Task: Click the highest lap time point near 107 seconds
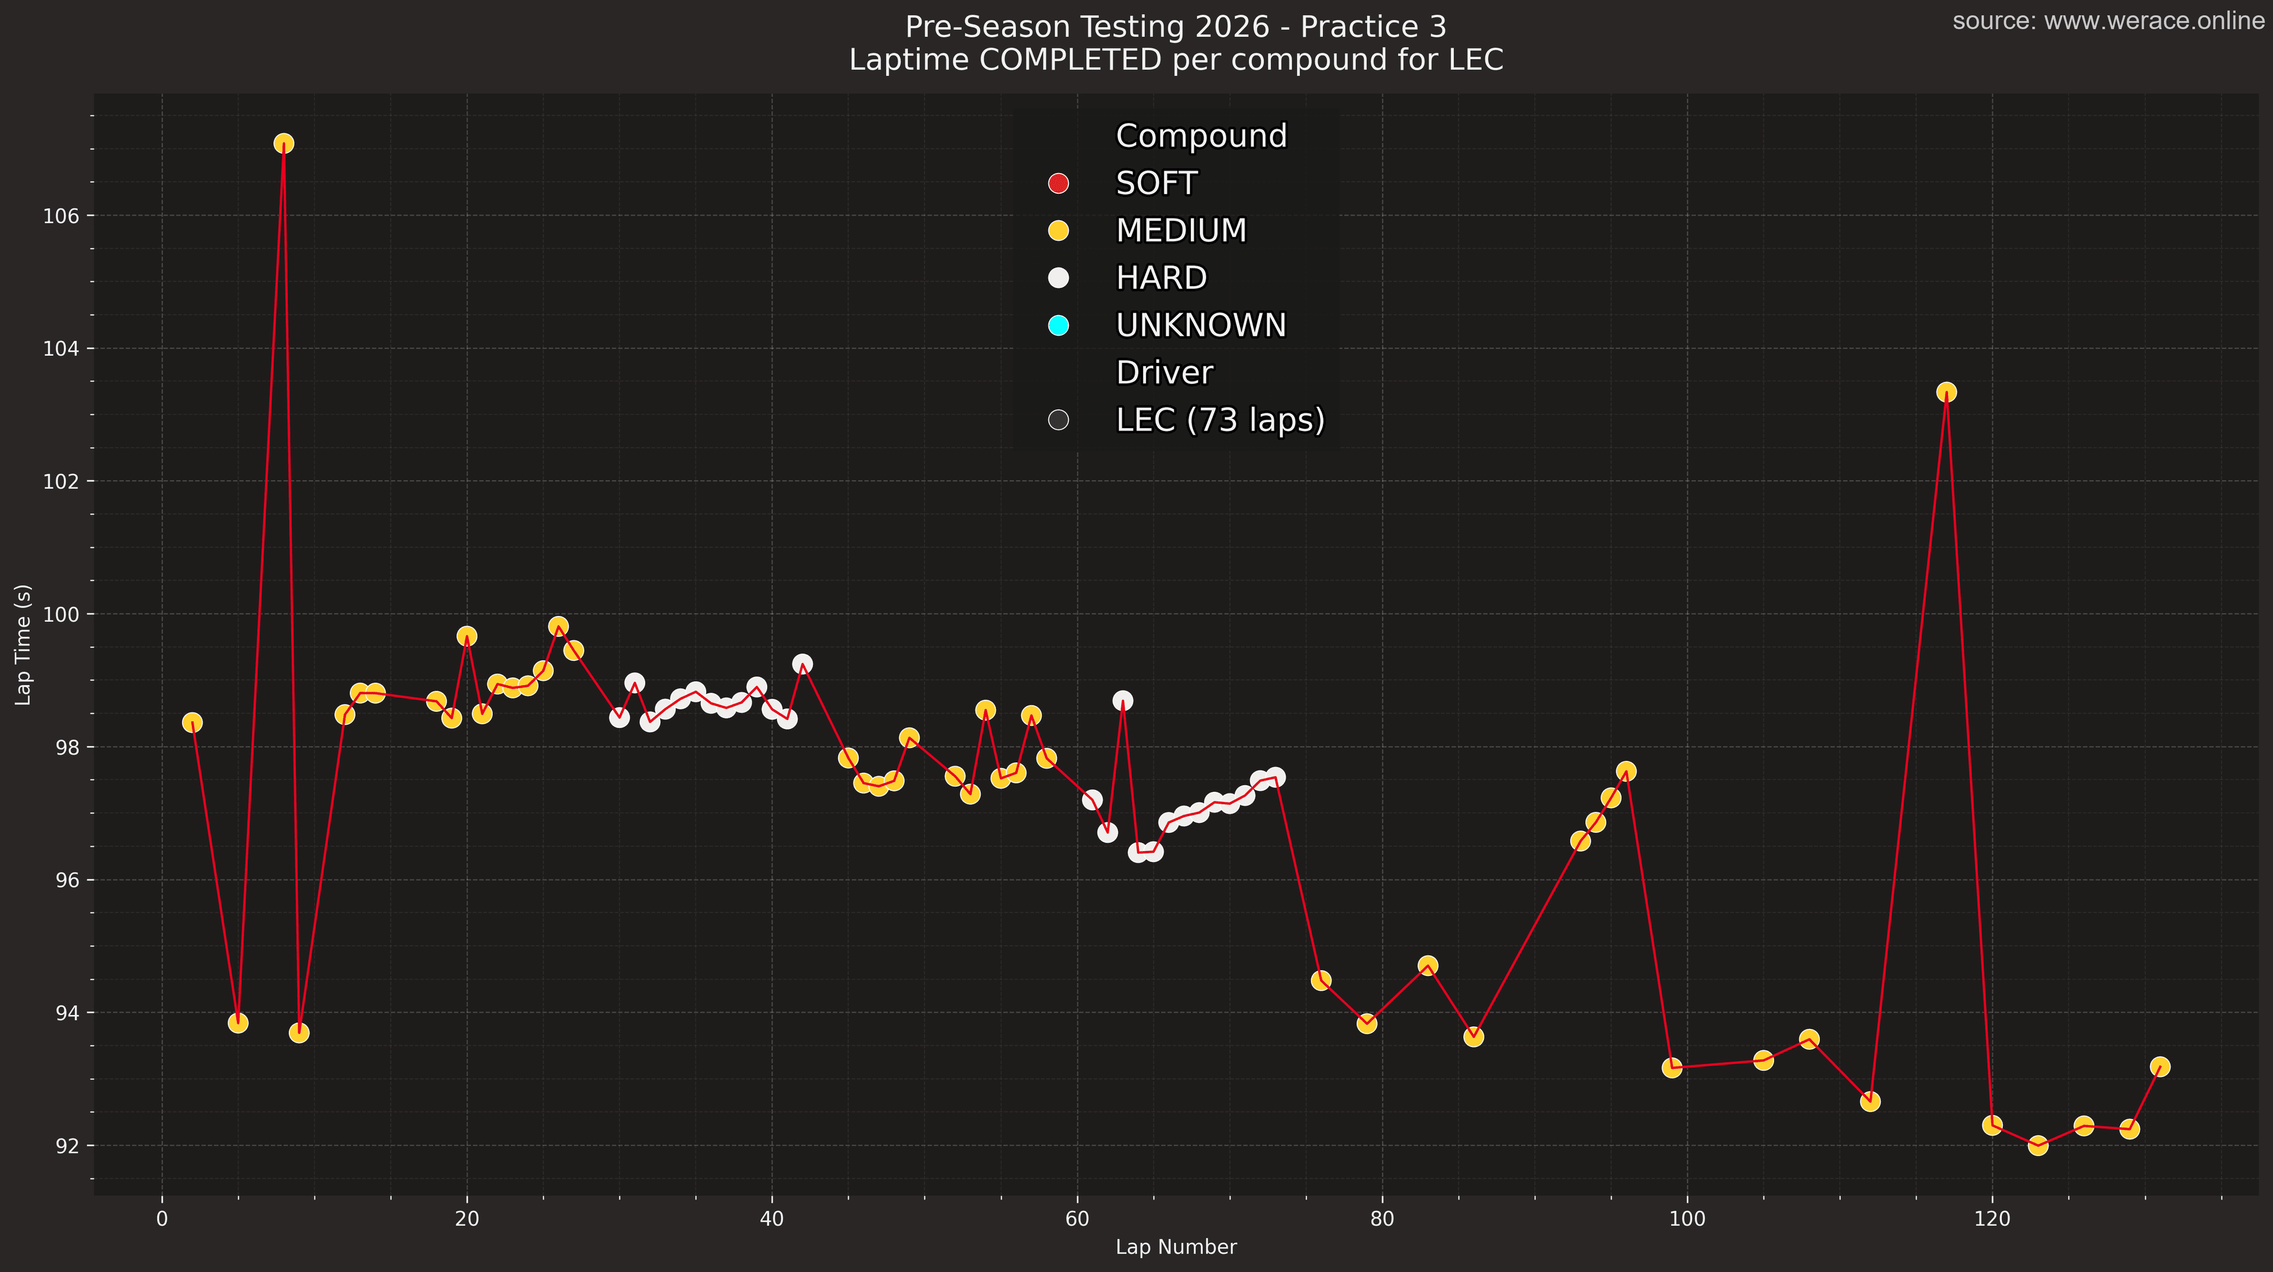point(284,143)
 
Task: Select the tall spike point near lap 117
point(1946,392)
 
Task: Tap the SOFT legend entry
point(1156,184)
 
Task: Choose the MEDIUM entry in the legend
point(1181,230)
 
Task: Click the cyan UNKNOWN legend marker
point(1058,326)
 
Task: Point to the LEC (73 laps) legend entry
point(1219,420)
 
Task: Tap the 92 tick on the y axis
point(67,1146)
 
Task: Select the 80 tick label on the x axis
point(1382,1219)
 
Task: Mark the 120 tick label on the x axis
point(1991,1219)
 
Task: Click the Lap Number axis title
point(1176,1247)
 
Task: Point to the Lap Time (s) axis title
point(24,644)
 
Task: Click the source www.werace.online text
point(2107,21)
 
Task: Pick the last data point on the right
point(2159,1067)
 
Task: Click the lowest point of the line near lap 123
point(2037,1146)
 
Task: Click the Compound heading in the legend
point(1201,136)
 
